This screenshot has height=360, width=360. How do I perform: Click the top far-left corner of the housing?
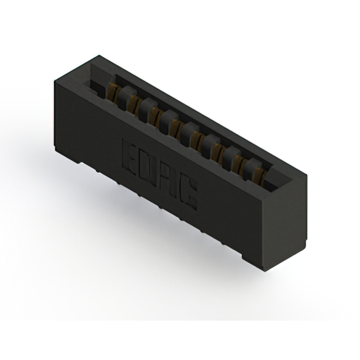[99, 56]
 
